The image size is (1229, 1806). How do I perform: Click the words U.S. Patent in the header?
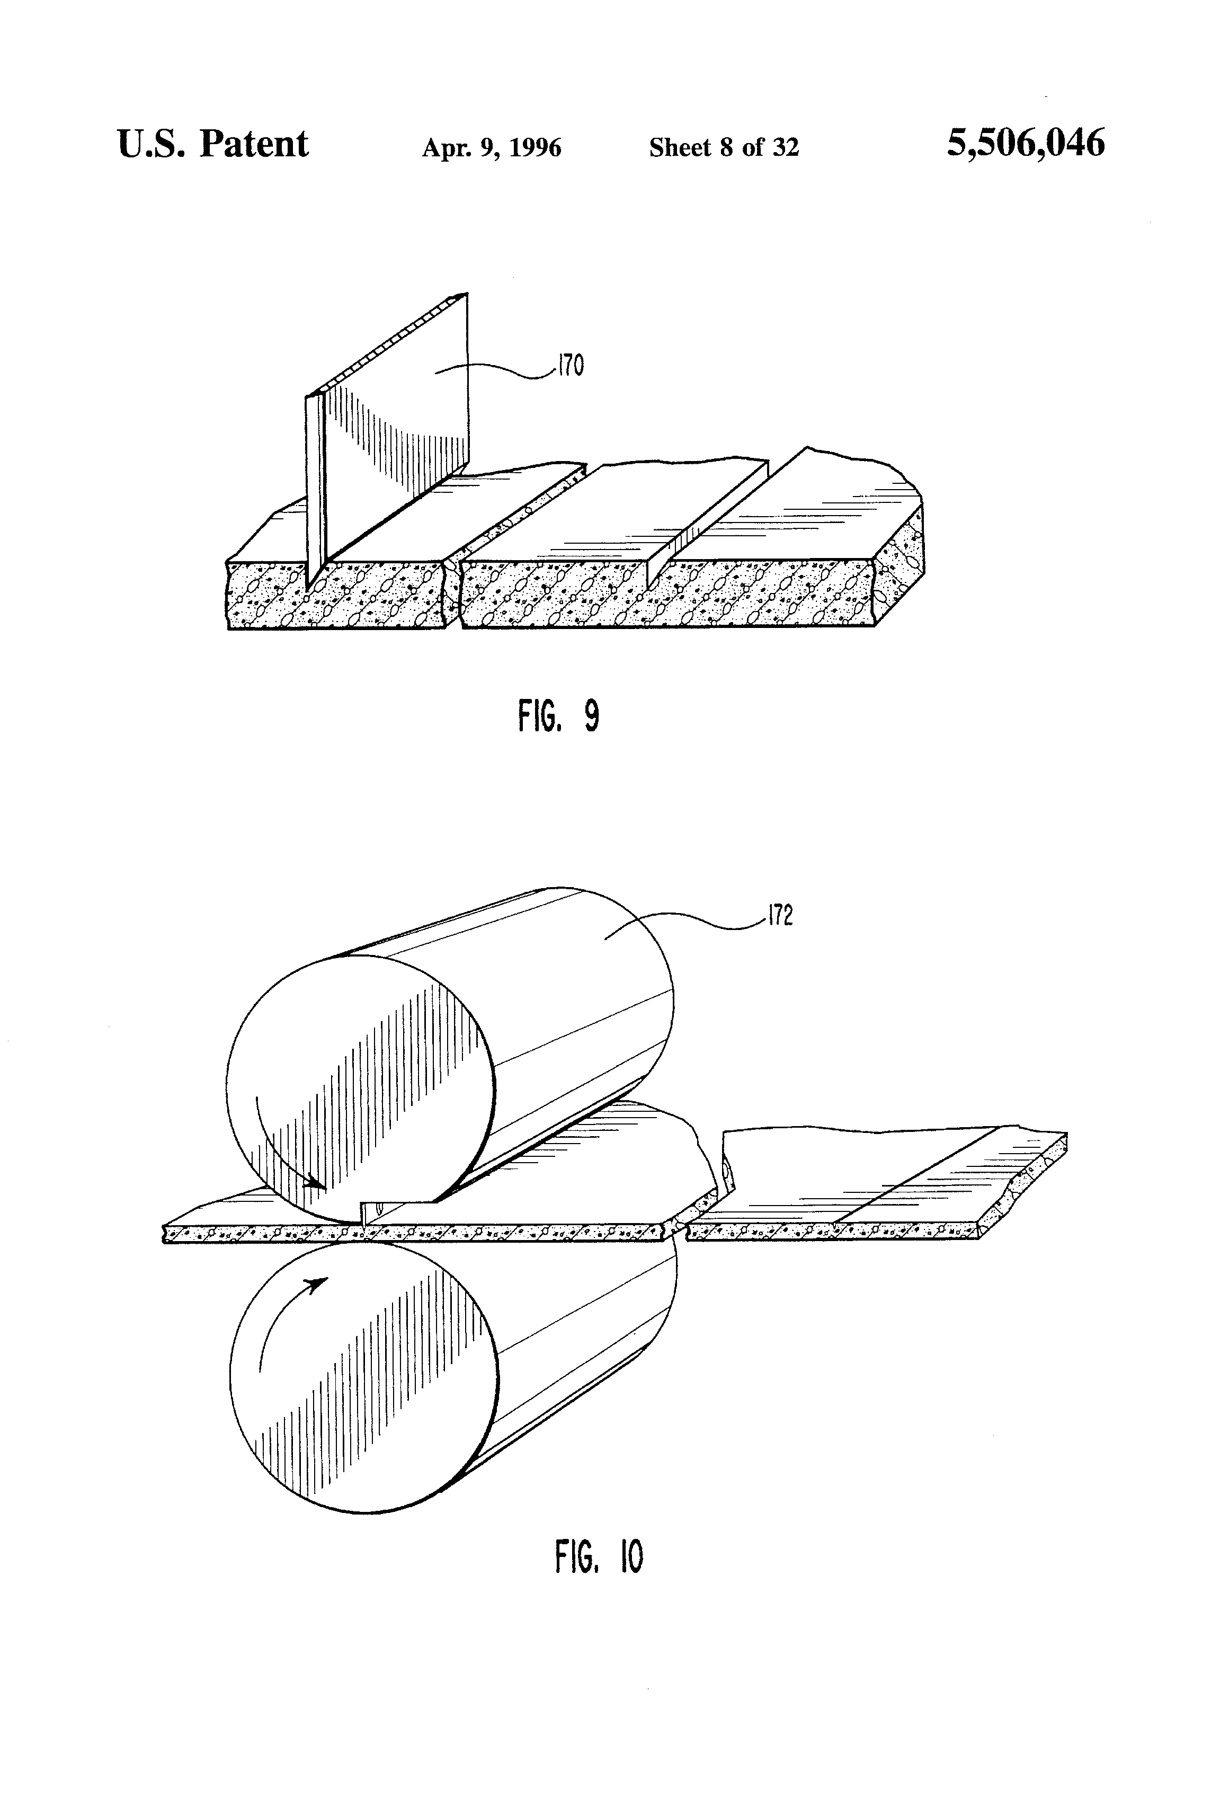coord(213,145)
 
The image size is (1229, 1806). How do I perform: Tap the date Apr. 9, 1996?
coord(491,148)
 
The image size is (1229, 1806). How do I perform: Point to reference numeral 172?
coord(780,917)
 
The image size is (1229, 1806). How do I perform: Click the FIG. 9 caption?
coord(558,716)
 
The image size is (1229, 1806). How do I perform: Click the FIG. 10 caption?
coord(599,1556)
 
